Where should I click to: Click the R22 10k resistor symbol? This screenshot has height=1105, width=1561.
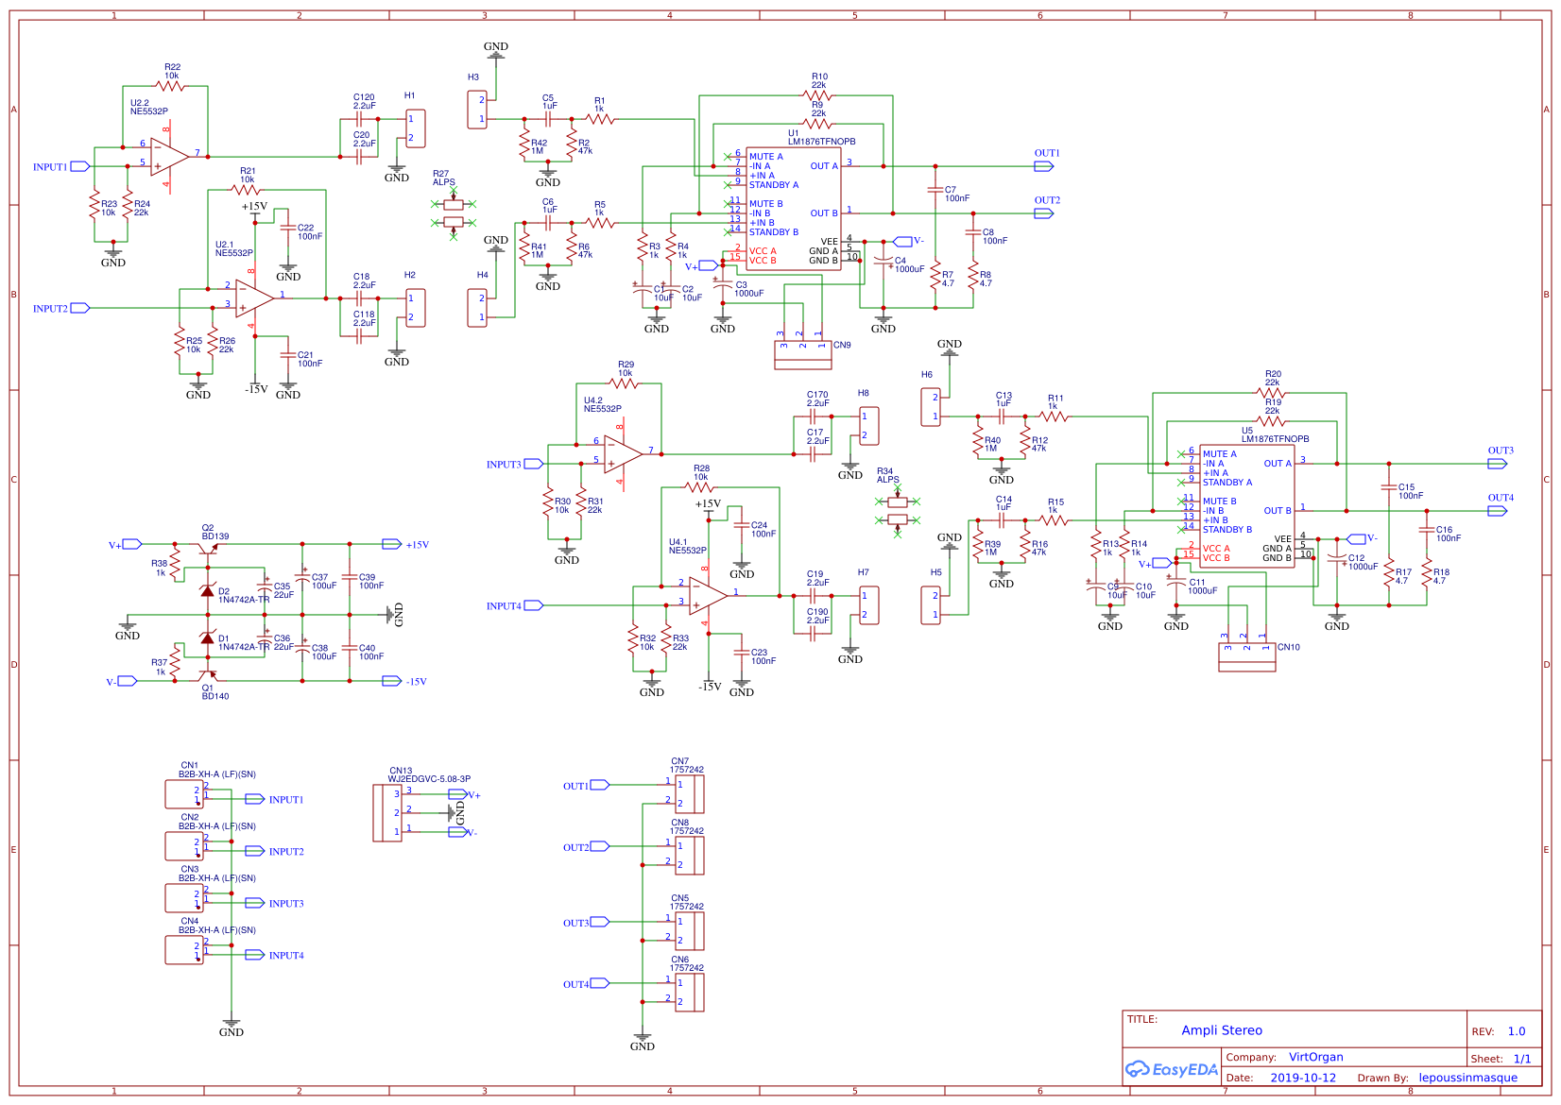click(170, 86)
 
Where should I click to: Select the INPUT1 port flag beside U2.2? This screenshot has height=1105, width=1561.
click(80, 166)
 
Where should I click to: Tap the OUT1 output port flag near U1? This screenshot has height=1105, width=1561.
click(1044, 166)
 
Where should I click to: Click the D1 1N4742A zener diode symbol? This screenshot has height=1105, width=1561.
click(207, 638)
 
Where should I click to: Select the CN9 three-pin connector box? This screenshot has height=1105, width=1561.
click(802, 355)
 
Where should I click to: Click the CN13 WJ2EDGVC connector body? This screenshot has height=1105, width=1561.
click(387, 812)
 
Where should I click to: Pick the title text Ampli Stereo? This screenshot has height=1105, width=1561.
click(1221, 1030)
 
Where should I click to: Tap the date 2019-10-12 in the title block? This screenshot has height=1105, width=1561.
click(1302, 1078)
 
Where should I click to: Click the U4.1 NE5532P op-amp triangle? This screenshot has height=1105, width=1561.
click(707, 596)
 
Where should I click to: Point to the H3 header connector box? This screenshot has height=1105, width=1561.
click(477, 110)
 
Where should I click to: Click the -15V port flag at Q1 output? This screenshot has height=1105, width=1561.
click(391, 681)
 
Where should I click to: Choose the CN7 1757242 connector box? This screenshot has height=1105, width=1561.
click(690, 794)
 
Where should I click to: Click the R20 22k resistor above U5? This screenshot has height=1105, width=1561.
click(1272, 393)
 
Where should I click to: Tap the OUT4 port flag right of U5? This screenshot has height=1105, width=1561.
click(1497, 511)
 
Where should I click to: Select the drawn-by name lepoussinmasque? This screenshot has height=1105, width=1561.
click(1467, 1078)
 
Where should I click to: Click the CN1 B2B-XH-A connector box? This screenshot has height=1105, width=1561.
click(183, 794)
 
